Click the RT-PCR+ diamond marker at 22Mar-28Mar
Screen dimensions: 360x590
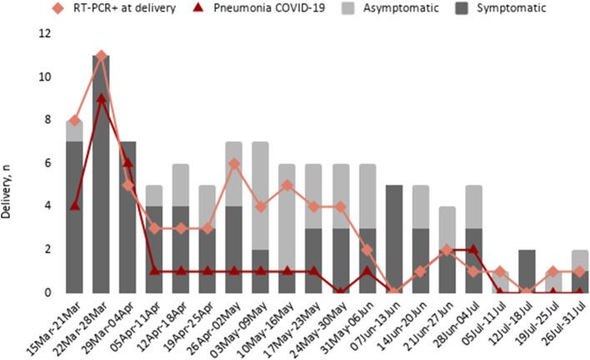pos(102,56)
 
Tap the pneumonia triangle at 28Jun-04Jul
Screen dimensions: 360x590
pos(472,249)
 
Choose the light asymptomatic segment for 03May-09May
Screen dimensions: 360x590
pos(261,196)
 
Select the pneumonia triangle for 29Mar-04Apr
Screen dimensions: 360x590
pos(127,163)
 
